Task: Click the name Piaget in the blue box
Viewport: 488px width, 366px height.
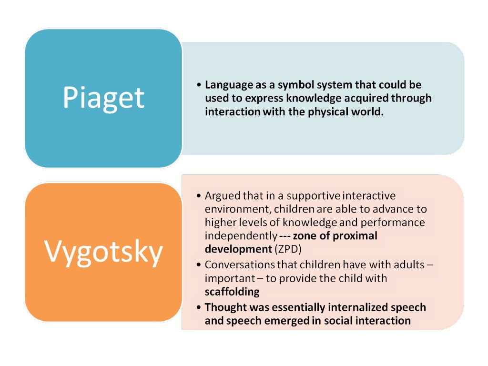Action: coord(103,98)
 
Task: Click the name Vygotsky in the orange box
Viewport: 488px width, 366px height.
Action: coord(103,252)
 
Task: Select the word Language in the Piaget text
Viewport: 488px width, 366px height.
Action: coord(227,85)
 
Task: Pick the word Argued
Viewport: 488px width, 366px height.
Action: coord(220,196)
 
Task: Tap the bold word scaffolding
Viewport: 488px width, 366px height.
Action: coord(232,291)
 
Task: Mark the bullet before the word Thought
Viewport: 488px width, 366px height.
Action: coord(199,307)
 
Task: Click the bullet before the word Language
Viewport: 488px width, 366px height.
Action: coord(199,85)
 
